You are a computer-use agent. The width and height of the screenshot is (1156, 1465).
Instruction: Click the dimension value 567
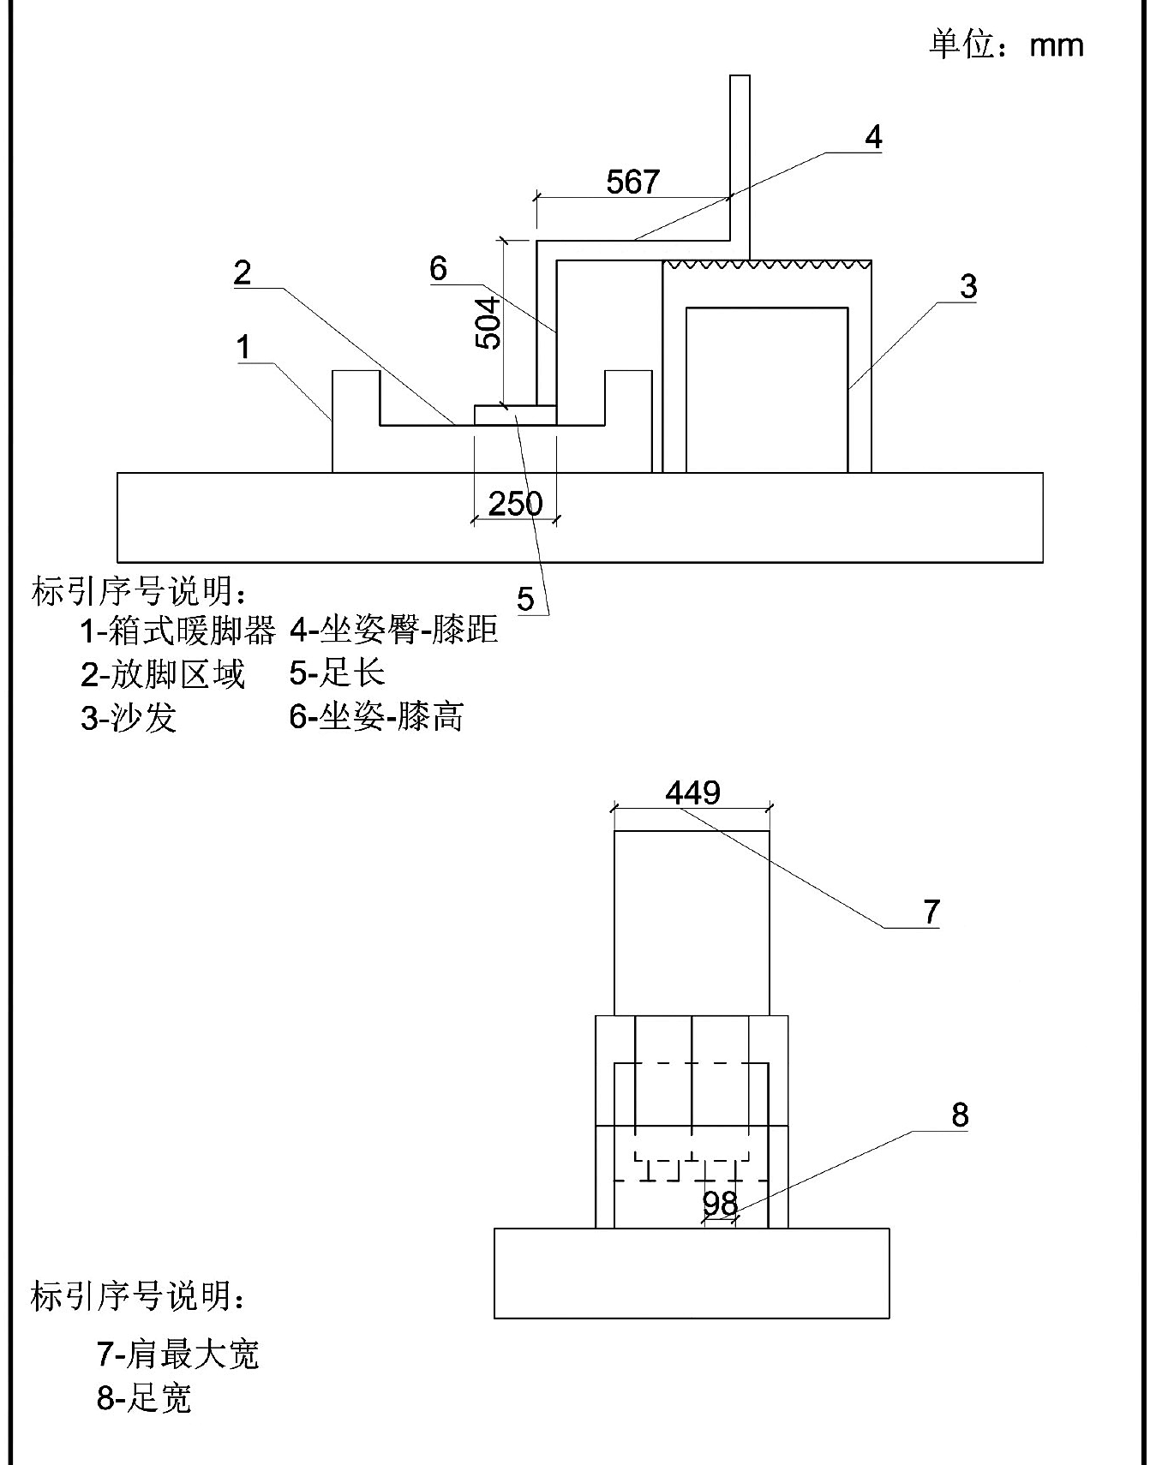pos(632,182)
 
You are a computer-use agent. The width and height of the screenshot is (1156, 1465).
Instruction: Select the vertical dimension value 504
pos(488,323)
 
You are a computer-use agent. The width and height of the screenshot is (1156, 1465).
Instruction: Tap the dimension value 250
pos(515,503)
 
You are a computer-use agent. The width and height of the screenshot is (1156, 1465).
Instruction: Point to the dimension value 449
pos(692,792)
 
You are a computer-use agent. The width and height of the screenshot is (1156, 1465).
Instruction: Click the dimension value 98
pos(720,1203)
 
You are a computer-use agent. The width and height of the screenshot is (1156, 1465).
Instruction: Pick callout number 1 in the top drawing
pos(244,347)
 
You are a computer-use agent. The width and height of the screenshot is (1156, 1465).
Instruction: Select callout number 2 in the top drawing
pos(243,272)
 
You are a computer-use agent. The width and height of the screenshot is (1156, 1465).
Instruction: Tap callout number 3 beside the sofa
pos(967,286)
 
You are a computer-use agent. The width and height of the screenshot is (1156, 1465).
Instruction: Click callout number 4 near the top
pos(872,137)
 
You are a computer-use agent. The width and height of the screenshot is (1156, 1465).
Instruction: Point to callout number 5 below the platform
pos(525,599)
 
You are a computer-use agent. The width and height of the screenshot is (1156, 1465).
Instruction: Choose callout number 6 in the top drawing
pos(438,268)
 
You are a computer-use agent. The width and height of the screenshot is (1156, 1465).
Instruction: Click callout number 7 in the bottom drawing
pos(932,912)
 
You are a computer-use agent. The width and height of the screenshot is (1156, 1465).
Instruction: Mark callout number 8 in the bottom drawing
pos(960,1115)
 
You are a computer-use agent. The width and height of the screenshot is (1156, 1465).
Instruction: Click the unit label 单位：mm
pos(1006,45)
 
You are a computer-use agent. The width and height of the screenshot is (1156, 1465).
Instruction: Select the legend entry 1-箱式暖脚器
pos(177,631)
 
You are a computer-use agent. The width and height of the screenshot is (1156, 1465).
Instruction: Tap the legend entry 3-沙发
pos(129,717)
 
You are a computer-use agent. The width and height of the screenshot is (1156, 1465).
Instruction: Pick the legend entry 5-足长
pos(337,673)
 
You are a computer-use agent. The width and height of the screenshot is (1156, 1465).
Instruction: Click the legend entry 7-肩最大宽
pos(177,1354)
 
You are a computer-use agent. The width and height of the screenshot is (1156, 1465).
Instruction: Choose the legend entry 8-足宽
pos(143,1399)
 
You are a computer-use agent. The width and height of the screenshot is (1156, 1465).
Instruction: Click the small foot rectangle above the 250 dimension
pos(515,415)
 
